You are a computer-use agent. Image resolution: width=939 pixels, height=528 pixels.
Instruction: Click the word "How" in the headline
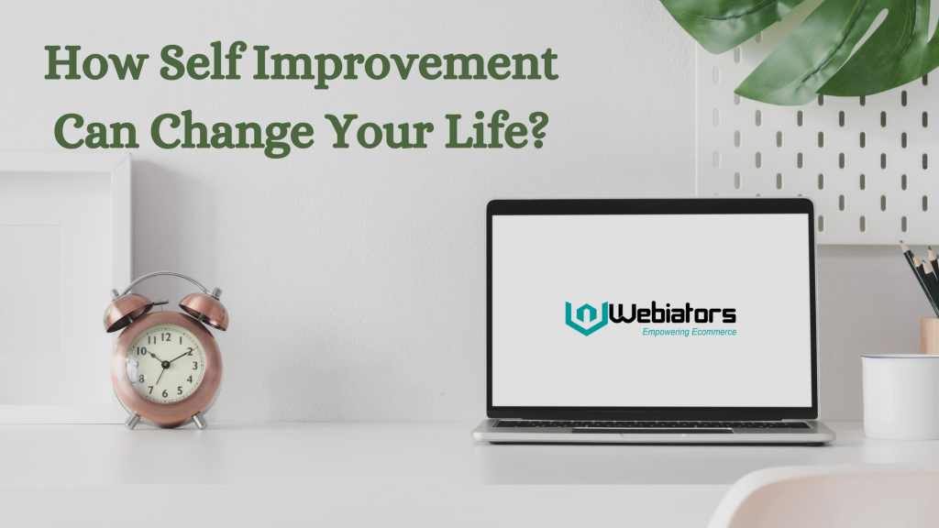coord(95,62)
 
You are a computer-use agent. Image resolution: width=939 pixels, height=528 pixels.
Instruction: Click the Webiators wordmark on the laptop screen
coord(672,313)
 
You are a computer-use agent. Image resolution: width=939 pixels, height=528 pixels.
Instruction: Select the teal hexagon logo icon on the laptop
coord(586,317)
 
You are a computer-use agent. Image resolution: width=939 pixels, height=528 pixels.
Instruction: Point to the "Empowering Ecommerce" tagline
coord(690,332)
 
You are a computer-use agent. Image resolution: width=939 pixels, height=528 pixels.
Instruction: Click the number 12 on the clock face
coord(166,337)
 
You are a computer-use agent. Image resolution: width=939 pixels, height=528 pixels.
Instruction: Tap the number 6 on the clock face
coord(165,393)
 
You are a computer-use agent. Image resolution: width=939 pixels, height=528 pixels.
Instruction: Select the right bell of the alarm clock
coord(204,309)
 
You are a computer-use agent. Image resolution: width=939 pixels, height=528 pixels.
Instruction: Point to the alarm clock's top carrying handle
coord(166,277)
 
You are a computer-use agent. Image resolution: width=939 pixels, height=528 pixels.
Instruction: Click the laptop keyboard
coord(653,424)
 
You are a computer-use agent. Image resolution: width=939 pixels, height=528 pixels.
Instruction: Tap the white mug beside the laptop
coord(900,396)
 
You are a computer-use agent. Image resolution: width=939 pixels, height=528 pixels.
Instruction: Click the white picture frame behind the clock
coord(63,288)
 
